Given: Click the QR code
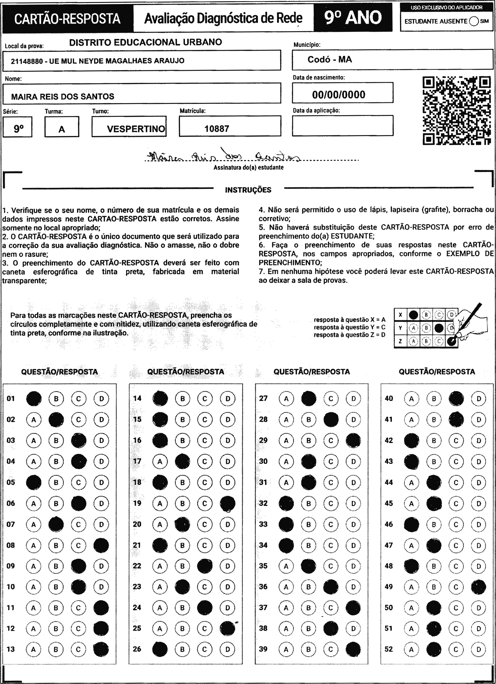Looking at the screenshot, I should coord(456,111).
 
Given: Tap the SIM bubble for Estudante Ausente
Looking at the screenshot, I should coord(474,21).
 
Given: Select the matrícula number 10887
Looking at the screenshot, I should coord(216,129).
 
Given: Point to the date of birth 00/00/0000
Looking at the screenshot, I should coord(338,95).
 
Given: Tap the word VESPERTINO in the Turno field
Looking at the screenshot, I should coord(136,129).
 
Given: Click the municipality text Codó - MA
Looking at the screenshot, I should coord(330,59).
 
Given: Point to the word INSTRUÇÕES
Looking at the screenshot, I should coord(248,190).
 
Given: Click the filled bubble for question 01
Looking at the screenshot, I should coord(34,398).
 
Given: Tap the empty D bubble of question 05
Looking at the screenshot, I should coord(101,482).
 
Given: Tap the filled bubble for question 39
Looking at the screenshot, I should coord(353,649).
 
